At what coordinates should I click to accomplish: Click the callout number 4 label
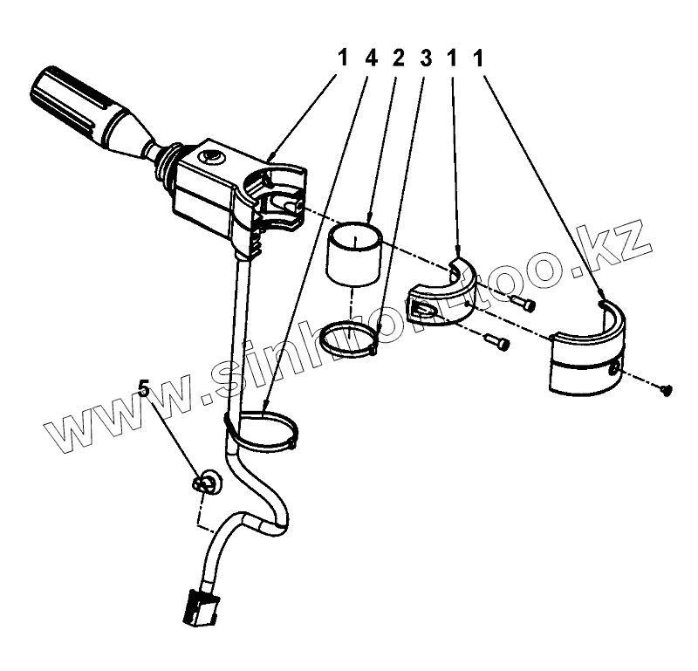point(371,58)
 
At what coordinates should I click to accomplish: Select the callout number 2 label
point(399,58)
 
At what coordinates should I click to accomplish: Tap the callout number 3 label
point(426,58)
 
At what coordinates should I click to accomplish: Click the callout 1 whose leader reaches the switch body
point(342,58)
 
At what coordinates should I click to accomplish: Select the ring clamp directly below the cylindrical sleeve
point(350,339)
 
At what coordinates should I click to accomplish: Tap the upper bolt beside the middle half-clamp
point(524,304)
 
